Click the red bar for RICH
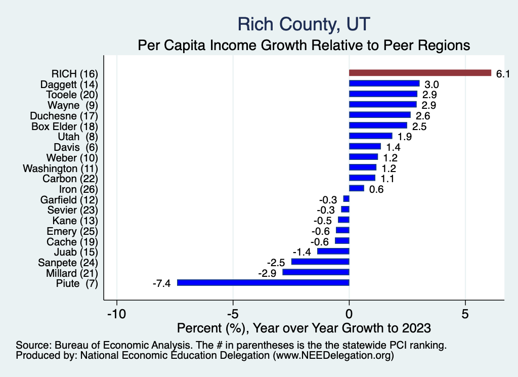pyautogui.click(x=420, y=73)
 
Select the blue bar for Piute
pyautogui.click(x=263, y=283)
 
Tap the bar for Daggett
pyautogui.click(x=384, y=83)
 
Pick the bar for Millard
pyautogui.click(x=316, y=272)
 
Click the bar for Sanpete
pyautogui.click(x=320, y=262)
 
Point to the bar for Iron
pyautogui.click(x=356, y=188)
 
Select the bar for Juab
pyautogui.click(x=333, y=252)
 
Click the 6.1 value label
pyautogui.click(x=502, y=74)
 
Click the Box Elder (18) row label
pyautogui.click(x=64, y=126)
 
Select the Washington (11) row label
pyautogui.click(x=60, y=168)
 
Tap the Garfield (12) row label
pyautogui.click(x=69, y=199)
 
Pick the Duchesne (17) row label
pyautogui.click(x=64, y=115)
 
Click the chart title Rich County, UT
pyautogui.click(x=304, y=24)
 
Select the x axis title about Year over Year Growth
pyautogui.click(x=304, y=327)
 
